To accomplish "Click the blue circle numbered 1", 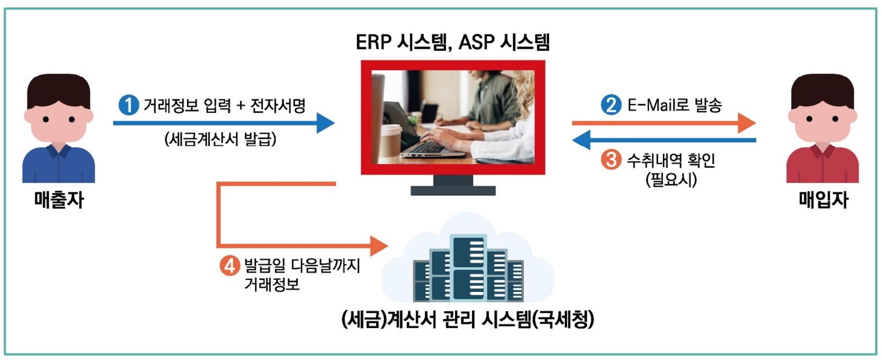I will (x=129, y=105).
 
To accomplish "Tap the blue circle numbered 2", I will (x=611, y=105).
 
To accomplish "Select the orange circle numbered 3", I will (x=611, y=159).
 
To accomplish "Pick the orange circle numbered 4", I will (x=229, y=266).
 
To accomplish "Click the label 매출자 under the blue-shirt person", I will (x=59, y=200).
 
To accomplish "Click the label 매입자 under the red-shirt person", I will (x=823, y=200).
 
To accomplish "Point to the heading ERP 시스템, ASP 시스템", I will (x=453, y=42).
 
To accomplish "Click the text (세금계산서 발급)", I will (x=220, y=139).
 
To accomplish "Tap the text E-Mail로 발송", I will (x=674, y=105).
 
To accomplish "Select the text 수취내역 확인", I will (x=671, y=160).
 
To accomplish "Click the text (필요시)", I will (x=671, y=179).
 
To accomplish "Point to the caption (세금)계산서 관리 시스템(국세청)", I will (x=467, y=319).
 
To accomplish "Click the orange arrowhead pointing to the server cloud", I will (x=379, y=246).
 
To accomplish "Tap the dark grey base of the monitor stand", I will (x=453, y=191).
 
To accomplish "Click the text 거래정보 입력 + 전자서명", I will (x=224, y=105).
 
